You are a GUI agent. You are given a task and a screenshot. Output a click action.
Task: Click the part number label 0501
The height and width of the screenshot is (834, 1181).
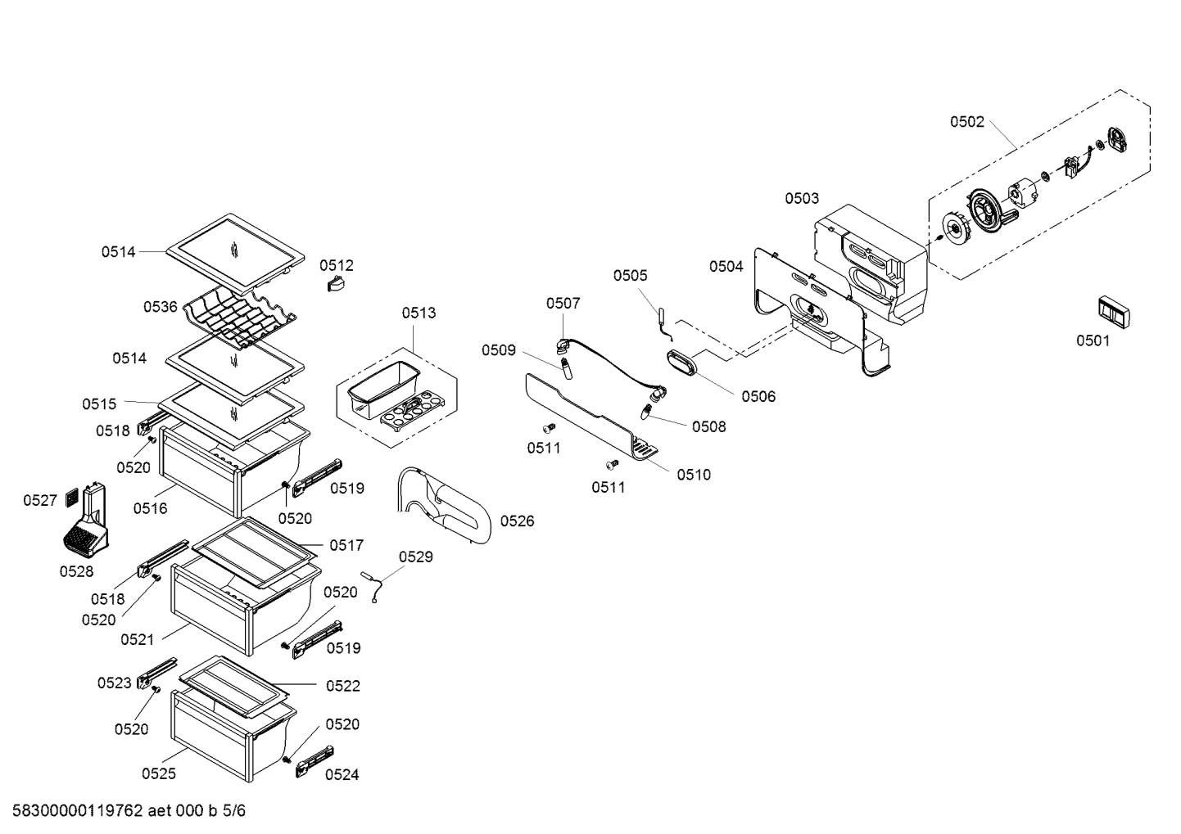1093,340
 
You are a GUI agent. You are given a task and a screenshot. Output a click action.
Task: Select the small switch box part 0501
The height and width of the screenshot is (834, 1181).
1113,312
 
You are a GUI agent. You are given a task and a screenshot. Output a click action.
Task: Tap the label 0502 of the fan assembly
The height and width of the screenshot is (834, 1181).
966,122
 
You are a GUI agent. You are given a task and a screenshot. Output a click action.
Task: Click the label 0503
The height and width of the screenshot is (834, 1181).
801,198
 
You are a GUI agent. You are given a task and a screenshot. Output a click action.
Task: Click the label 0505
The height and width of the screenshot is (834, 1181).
630,276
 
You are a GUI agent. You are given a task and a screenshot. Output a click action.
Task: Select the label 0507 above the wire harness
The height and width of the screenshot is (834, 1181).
563,303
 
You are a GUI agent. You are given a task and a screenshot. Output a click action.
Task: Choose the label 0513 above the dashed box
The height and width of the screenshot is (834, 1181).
419,313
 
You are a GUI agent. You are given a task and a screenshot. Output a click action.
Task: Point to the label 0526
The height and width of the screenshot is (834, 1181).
517,521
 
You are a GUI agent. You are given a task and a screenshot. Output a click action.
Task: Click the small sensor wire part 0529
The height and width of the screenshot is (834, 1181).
377,588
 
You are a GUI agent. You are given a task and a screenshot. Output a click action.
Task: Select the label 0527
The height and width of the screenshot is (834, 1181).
39,499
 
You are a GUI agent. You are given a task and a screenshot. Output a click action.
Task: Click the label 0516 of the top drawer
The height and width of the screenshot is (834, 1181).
150,508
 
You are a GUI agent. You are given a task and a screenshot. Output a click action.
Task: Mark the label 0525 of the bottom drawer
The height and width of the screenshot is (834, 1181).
158,773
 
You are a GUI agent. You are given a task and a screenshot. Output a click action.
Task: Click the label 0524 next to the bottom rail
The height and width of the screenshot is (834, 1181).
342,774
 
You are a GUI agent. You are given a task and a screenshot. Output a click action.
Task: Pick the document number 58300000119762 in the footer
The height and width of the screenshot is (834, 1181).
79,812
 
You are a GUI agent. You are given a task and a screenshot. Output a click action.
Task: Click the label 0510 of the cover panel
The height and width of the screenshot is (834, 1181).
694,474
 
